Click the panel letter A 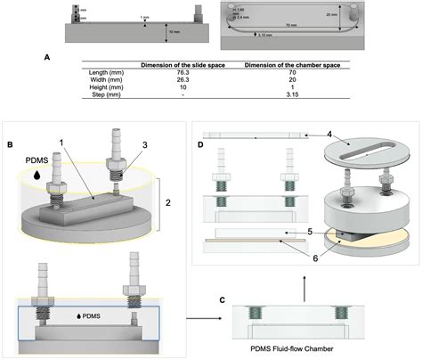pos(46,56)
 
